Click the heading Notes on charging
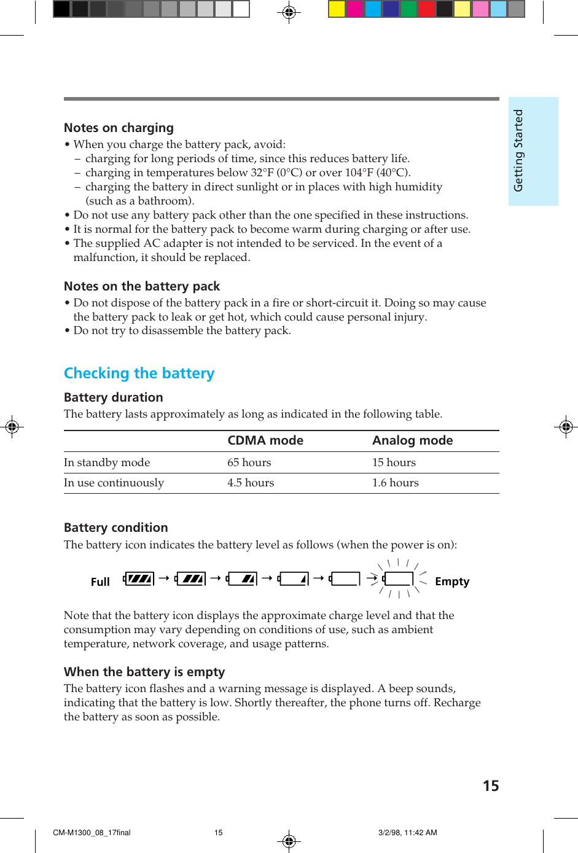click(x=119, y=128)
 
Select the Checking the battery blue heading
click(x=139, y=373)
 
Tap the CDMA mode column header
click(x=265, y=440)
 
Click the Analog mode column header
click(x=412, y=440)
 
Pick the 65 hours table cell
click(x=249, y=462)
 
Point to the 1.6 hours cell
click(x=395, y=483)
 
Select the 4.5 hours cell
click(x=251, y=483)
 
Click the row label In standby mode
click(x=107, y=462)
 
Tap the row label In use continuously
click(x=114, y=483)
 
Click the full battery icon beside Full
click(x=139, y=578)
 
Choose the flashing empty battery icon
click(x=398, y=578)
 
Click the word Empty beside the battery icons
click(x=452, y=582)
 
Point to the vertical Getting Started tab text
click(x=518, y=150)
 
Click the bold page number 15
click(x=491, y=786)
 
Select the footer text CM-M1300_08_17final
click(x=92, y=833)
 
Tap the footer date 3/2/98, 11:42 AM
click(x=407, y=833)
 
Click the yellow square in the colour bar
click(x=337, y=9)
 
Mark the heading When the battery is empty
click(x=144, y=672)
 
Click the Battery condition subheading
click(x=115, y=528)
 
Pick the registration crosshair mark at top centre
click(x=289, y=12)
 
